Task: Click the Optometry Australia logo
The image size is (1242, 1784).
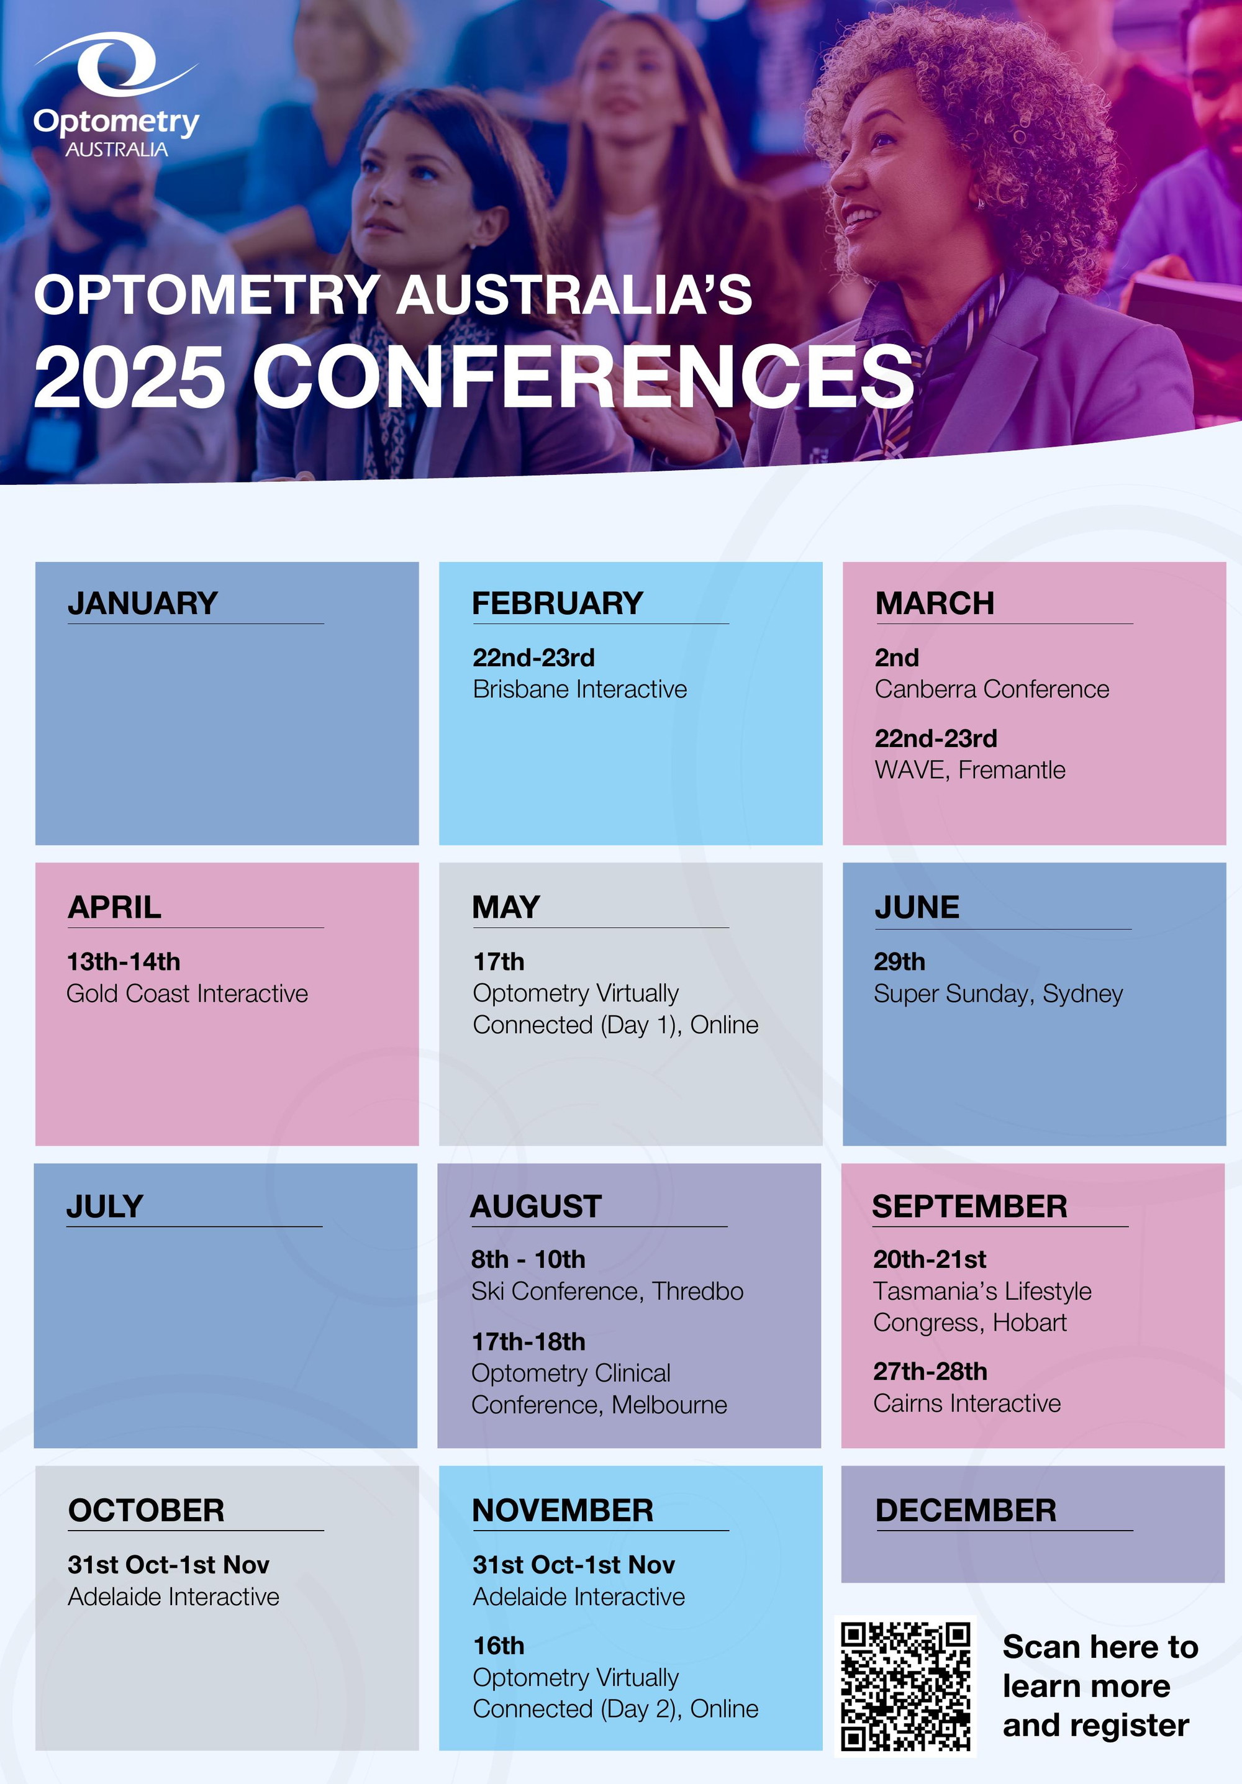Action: click(117, 95)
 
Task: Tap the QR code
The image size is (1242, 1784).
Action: click(905, 1685)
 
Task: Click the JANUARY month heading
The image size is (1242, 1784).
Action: click(142, 604)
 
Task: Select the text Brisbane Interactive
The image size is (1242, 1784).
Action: click(580, 689)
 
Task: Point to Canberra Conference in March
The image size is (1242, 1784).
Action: click(992, 689)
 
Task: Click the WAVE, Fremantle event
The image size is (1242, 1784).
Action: click(970, 770)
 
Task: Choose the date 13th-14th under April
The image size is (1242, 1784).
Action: click(124, 962)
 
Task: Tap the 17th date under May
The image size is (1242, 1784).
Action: click(499, 962)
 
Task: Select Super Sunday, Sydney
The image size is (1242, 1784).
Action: click(998, 994)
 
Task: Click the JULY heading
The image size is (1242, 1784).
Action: click(105, 1207)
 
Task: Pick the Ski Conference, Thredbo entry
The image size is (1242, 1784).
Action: click(607, 1292)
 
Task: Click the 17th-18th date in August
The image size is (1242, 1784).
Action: click(528, 1342)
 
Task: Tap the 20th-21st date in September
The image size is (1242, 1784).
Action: click(930, 1259)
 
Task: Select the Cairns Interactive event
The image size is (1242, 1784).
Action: click(967, 1403)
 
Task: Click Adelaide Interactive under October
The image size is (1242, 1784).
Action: click(173, 1596)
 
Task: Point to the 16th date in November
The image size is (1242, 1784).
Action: click(499, 1647)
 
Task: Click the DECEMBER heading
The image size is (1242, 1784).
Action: click(966, 1511)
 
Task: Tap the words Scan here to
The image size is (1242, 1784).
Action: click(1100, 1647)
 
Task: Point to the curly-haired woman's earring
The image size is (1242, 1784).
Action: click(981, 204)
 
